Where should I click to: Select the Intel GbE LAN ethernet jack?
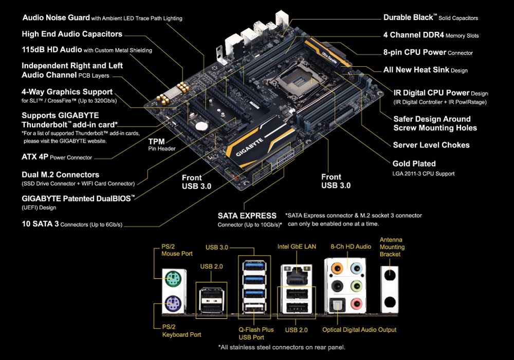coord(295,276)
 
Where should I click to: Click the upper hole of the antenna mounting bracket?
coord(390,275)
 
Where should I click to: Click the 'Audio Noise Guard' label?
coord(56,18)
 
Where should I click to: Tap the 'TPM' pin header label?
coord(156,141)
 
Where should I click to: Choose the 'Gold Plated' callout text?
coord(414,164)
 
